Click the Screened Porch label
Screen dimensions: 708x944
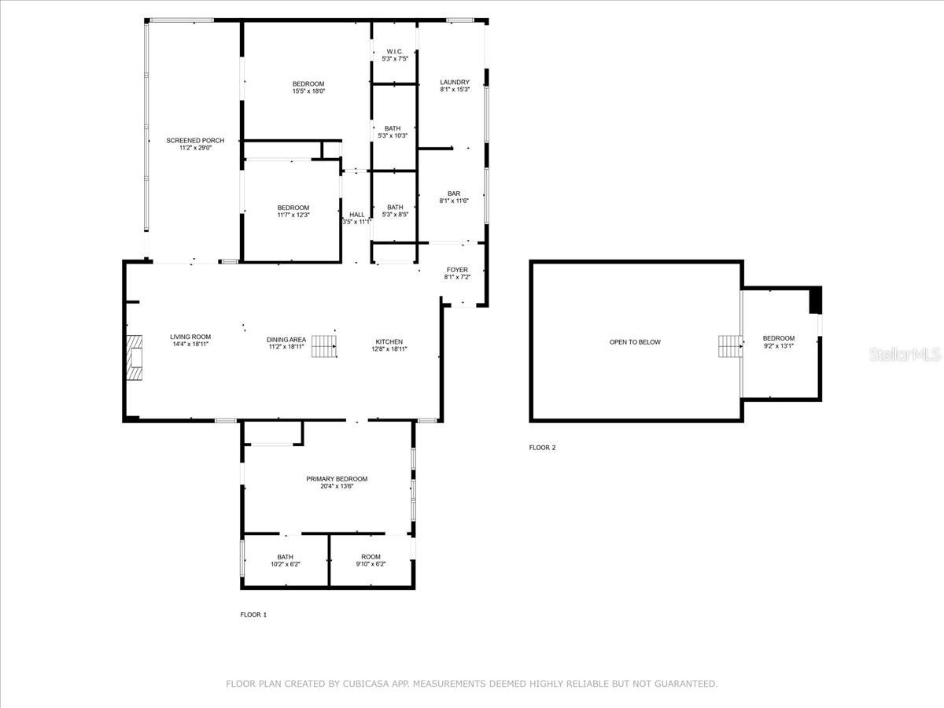click(195, 143)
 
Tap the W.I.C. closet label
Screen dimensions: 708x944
click(394, 55)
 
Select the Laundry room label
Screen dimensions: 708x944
click(455, 85)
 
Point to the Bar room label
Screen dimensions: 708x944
click(454, 197)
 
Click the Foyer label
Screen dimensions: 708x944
click(457, 273)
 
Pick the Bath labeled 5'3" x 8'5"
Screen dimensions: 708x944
click(394, 210)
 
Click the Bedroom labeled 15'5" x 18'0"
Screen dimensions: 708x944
click(308, 87)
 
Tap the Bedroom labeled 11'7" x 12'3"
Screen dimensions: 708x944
click(293, 211)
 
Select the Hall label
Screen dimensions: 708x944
click(356, 218)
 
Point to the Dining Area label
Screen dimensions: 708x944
click(286, 342)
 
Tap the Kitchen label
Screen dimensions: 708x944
click(389, 345)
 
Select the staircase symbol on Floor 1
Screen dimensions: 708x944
click(324, 346)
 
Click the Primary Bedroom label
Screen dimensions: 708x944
click(337, 481)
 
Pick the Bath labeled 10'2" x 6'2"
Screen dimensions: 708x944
click(285, 560)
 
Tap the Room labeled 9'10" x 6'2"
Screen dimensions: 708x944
click(371, 560)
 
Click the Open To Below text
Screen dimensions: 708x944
click(635, 342)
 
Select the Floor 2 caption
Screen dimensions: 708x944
click(542, 448)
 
